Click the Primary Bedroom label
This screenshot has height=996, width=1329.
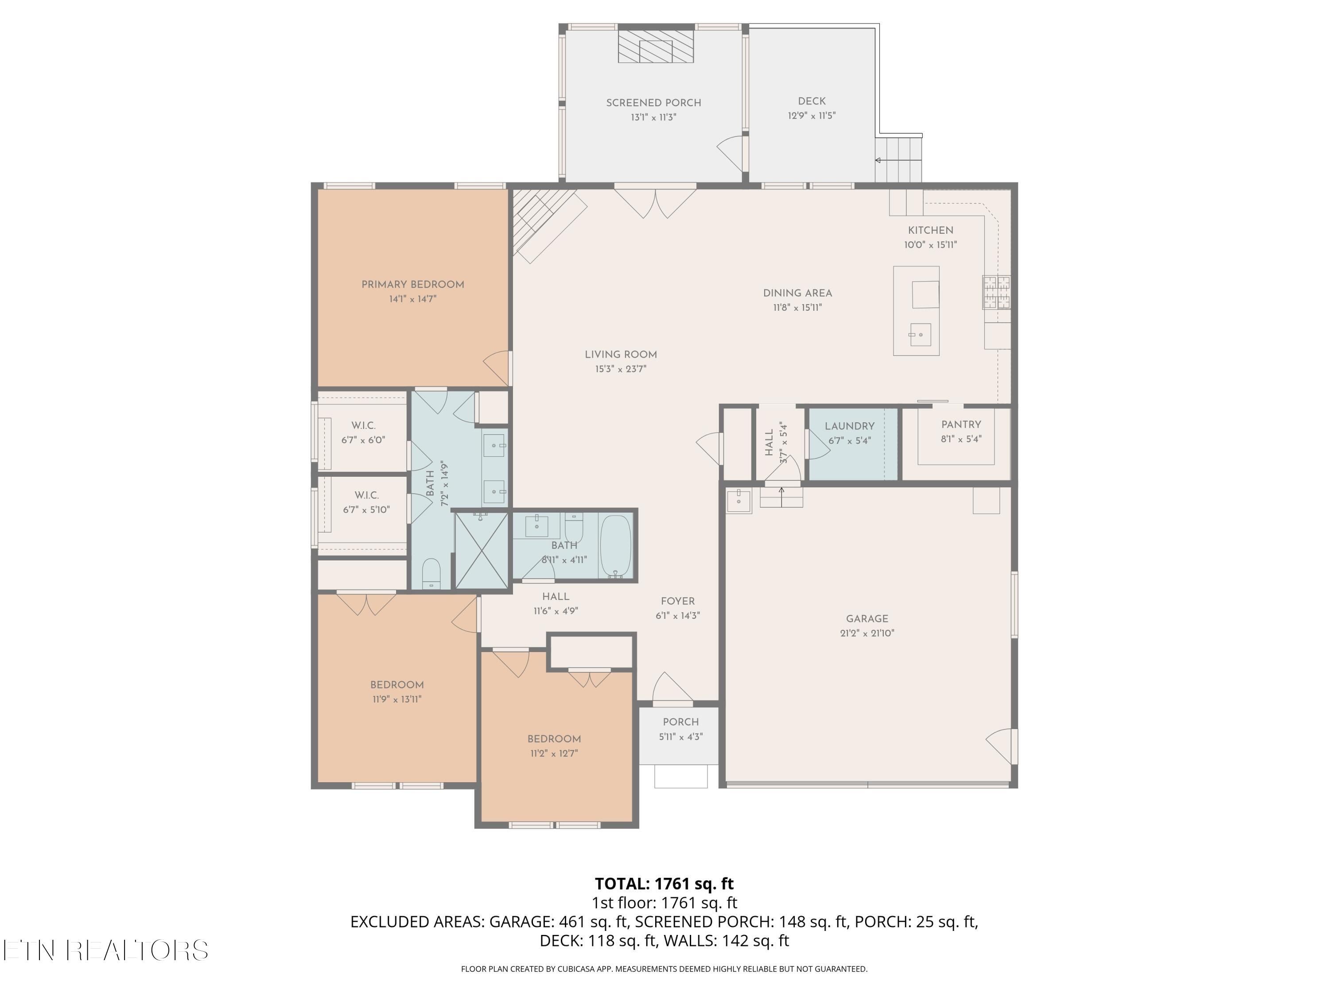tap(413, 285)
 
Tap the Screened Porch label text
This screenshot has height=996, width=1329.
tap(654, 103)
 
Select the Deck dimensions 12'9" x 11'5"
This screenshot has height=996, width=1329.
tap(812, 116)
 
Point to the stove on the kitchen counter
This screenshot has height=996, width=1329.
tap(997, 292)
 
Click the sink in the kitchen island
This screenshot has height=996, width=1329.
tap(919, 334)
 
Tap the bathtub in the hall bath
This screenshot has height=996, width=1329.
tap(615, 546)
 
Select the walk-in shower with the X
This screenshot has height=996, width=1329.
tap(482, 550)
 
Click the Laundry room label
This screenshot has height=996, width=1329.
tap(850, 426)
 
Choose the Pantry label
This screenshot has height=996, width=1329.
tap(961, 425)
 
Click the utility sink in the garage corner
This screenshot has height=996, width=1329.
tap(739, 500)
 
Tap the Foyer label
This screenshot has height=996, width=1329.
tap(678, 602)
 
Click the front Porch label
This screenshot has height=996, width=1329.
tap(681, 722)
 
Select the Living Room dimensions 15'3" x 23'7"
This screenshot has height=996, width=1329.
tap(621, 370)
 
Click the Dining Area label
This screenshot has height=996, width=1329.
tap(797, 293)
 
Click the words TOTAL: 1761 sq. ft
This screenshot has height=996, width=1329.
tap(664, 884)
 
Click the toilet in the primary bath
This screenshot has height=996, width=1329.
tap(431, 574)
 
